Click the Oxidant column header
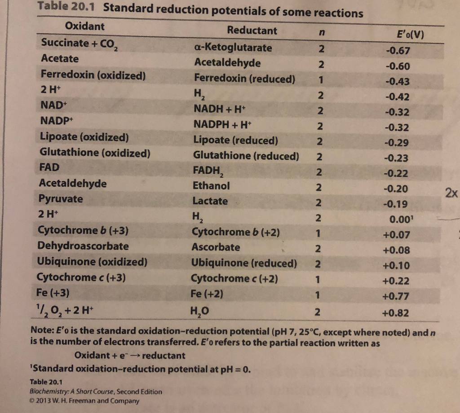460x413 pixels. (85, 26)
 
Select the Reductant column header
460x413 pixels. (252, 31)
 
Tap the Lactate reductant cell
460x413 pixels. (210, 201)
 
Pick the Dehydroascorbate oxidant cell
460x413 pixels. (83, 246)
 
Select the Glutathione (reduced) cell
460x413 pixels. (246, 156)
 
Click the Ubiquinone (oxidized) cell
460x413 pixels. (92, 262)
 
